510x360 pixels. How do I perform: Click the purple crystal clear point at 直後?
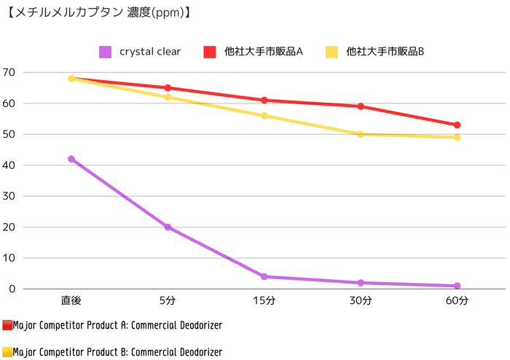pyautogui.click(x=71, y=159)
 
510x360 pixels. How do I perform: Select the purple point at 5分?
pyautogui.click(x=168, y=227)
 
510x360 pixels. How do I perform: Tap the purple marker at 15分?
pyautogui.click(x=264, y=277)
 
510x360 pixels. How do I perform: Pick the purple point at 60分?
pyautogui.click(x=458, y=286)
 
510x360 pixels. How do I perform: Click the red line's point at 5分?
pyautogui.click(x=168, y=88)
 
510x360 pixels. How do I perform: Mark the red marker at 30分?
pyautogui.click(x=361, y=106)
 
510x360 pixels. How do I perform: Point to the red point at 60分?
pyautogui.click(x=458, y=125)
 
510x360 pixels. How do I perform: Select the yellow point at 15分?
pyautogui.click(x=264, y=116)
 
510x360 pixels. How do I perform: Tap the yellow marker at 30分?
pyautogui.click(x=361, y=134)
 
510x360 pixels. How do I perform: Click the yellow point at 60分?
pyautogui.click(x=458, y=138)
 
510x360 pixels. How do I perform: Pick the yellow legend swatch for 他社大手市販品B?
pyautogui.click(x=331, y=52)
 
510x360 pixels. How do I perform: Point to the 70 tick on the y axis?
pyautogui.click(x=9, y=72)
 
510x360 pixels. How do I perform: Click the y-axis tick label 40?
pyautogui.click(x=9, y=165)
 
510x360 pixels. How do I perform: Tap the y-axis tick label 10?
pyautogui.click(x=9, y=258)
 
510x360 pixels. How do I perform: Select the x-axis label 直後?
pyautogui.click(x=71, y=300)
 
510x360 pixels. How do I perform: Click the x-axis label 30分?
pyautogui.click(x=361, y=300)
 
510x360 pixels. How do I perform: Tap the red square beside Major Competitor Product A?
pyautogui.click(x=7, y=325)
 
